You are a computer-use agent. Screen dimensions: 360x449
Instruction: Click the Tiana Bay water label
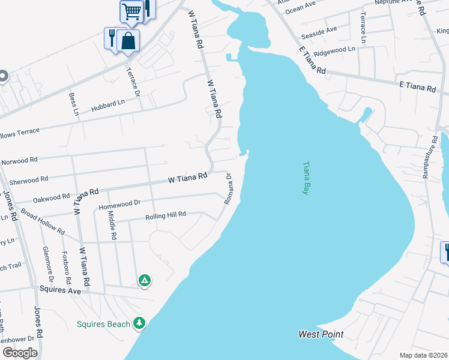coord(306,177)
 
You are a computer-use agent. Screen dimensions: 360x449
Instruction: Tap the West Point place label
coord(321,334)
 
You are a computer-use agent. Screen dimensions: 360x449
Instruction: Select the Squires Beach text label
coord(103,325)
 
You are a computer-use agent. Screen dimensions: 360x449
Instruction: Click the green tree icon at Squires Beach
coord(139,323)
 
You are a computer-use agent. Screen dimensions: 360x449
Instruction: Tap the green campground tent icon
coord(144,280)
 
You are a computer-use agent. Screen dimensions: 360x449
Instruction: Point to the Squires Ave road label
coord(60,290)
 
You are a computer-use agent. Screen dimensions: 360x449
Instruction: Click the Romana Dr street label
coord(228,189)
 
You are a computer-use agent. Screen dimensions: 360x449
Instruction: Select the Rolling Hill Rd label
coord(166,214)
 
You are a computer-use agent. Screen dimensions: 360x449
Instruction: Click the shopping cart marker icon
coord(131,11)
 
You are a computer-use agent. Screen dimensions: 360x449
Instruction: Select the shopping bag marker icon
coord(128,41)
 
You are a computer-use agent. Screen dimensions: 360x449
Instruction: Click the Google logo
coord(19,353)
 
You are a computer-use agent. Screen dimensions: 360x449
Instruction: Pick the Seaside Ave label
coord(319,31)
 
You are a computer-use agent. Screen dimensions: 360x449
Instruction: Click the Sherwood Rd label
coord(28,179)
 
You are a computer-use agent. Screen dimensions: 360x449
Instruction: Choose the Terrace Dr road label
coord(132,82)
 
